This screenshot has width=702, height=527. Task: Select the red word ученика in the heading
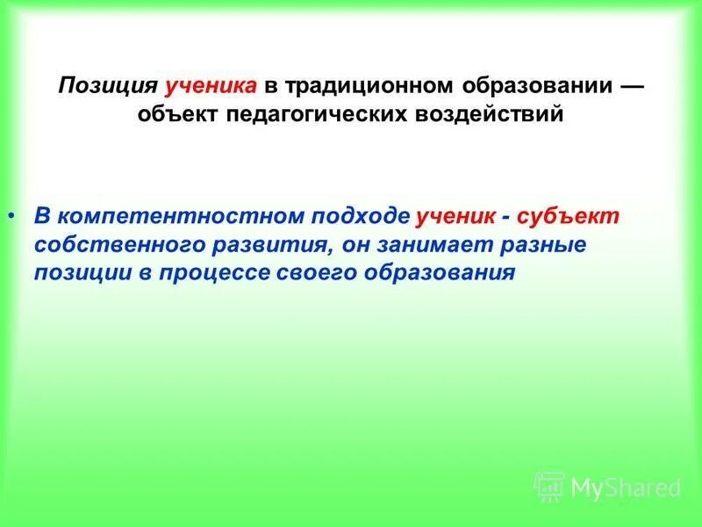coord(211,86)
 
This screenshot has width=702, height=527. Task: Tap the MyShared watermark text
coord(624,486)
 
